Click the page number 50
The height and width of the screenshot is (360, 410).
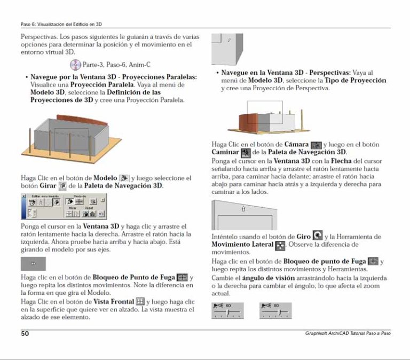(x=25, y=334)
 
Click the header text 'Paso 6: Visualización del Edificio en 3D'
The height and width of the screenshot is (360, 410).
(x=58, y=25)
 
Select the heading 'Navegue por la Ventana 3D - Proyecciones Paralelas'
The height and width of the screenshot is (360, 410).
(x=114, y=77)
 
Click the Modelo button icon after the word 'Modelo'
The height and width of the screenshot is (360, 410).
(x=124, y=178)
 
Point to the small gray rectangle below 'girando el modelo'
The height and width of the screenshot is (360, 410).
(x=33, y=264)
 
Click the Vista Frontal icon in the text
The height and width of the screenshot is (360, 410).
(x=140, y=302)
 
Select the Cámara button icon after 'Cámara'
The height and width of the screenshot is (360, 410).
(x=316, y=145)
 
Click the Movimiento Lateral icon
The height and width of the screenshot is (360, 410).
(x=280, y=245)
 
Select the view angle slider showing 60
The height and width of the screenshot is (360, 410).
(x=228, y=310)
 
